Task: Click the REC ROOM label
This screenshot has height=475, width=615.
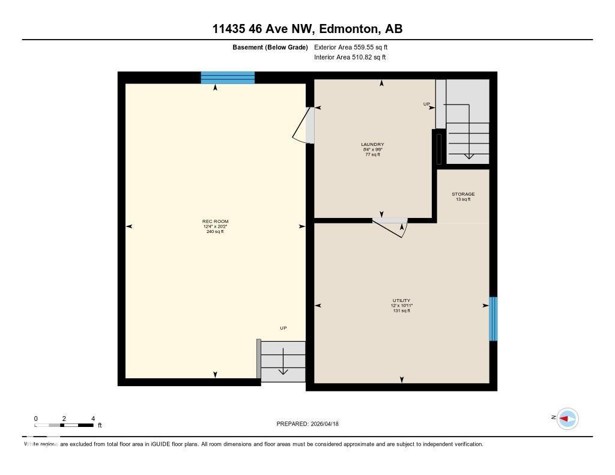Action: [215, 222]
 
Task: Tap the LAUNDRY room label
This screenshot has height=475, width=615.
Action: [372, 145]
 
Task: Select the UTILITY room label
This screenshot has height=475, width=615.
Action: [402, 300]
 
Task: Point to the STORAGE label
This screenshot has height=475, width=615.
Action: [463, 194]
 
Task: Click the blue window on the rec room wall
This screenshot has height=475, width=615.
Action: [228, 77]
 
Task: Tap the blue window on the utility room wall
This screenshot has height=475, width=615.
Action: [493, 319]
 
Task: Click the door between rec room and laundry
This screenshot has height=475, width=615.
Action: [305, 126]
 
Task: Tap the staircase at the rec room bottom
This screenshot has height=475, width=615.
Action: [283, 361]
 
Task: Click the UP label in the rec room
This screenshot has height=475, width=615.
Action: [283, 328]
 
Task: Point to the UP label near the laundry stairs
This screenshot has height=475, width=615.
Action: [427, 104]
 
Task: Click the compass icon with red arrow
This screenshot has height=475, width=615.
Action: [567, 419]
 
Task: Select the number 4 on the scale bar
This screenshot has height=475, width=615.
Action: [92, 419]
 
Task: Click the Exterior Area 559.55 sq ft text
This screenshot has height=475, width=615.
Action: [355, 47]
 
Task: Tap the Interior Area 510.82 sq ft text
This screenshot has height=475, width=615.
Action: [350, 58]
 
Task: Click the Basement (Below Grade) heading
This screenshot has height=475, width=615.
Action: [270, 47]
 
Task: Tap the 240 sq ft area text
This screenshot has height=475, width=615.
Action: [215, 231]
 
